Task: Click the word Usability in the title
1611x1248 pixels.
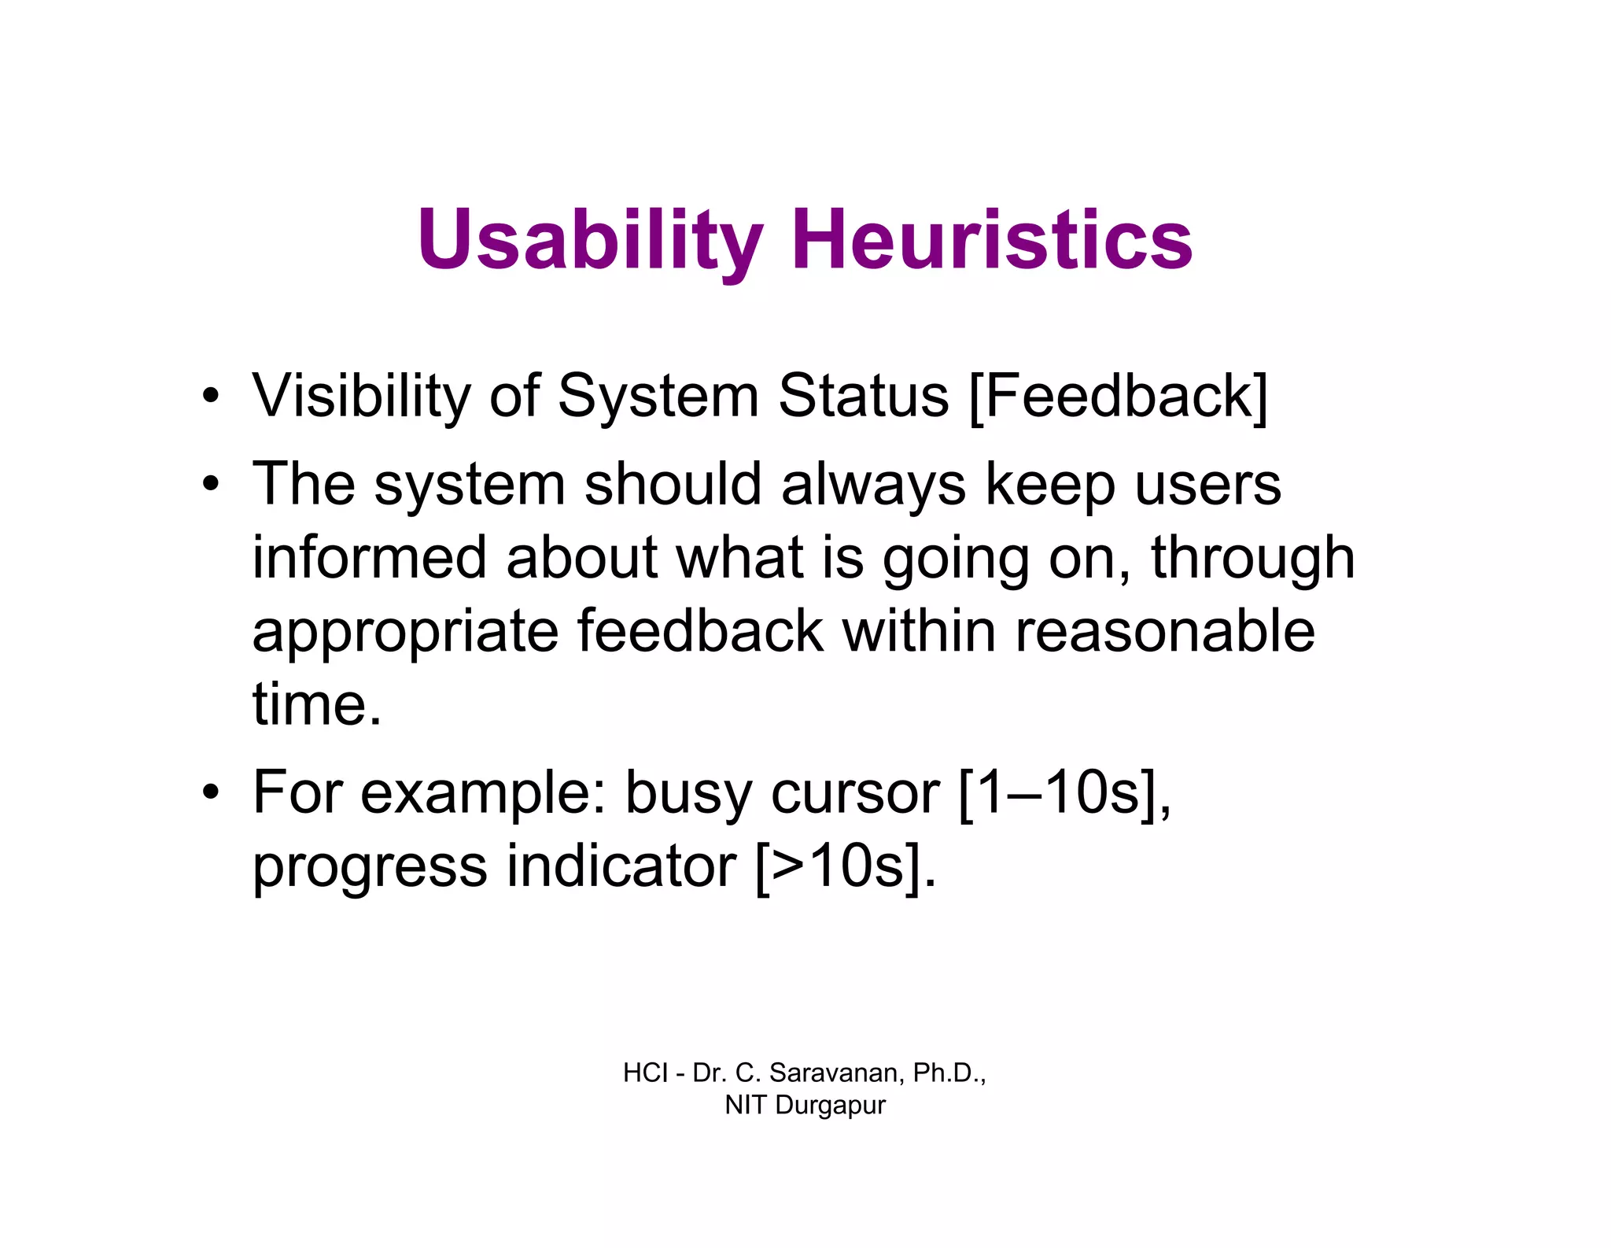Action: coord(590,239)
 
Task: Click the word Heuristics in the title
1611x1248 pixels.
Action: coord(992,239)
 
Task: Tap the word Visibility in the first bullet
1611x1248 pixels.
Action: coord(360,396)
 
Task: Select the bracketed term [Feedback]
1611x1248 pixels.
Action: coord(1118,396)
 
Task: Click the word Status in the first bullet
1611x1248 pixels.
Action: coord(863,396)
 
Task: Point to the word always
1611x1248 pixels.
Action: coord(873,485)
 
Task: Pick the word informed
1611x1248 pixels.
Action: coord(369,558)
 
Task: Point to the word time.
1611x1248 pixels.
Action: coord(315,704)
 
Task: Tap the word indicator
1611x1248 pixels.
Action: coord(621,866)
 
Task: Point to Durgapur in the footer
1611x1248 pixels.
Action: coord(830,1105)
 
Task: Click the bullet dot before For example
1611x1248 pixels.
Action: coord(210,793)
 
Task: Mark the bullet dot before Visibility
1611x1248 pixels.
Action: coord(210,396)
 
